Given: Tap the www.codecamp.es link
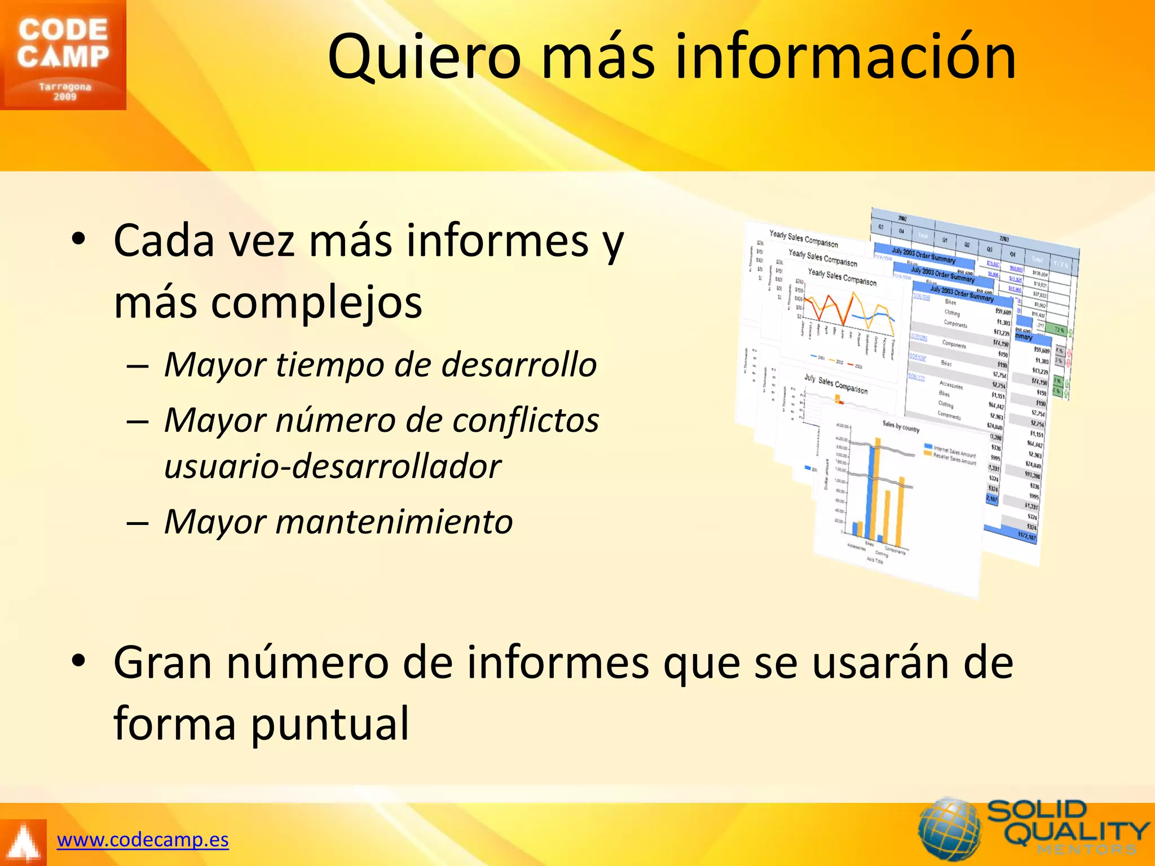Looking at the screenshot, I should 143,840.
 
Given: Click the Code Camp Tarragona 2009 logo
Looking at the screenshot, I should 63,55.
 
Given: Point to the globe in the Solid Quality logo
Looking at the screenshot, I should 950,829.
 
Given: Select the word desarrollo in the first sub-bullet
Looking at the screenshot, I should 519,365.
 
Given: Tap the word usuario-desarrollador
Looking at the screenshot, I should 332,467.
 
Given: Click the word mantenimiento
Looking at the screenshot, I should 394,522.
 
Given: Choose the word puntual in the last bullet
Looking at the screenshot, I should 330,723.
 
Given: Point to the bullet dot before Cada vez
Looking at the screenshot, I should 78,239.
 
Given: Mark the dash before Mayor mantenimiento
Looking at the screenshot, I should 138,523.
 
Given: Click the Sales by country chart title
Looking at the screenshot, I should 901,427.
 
